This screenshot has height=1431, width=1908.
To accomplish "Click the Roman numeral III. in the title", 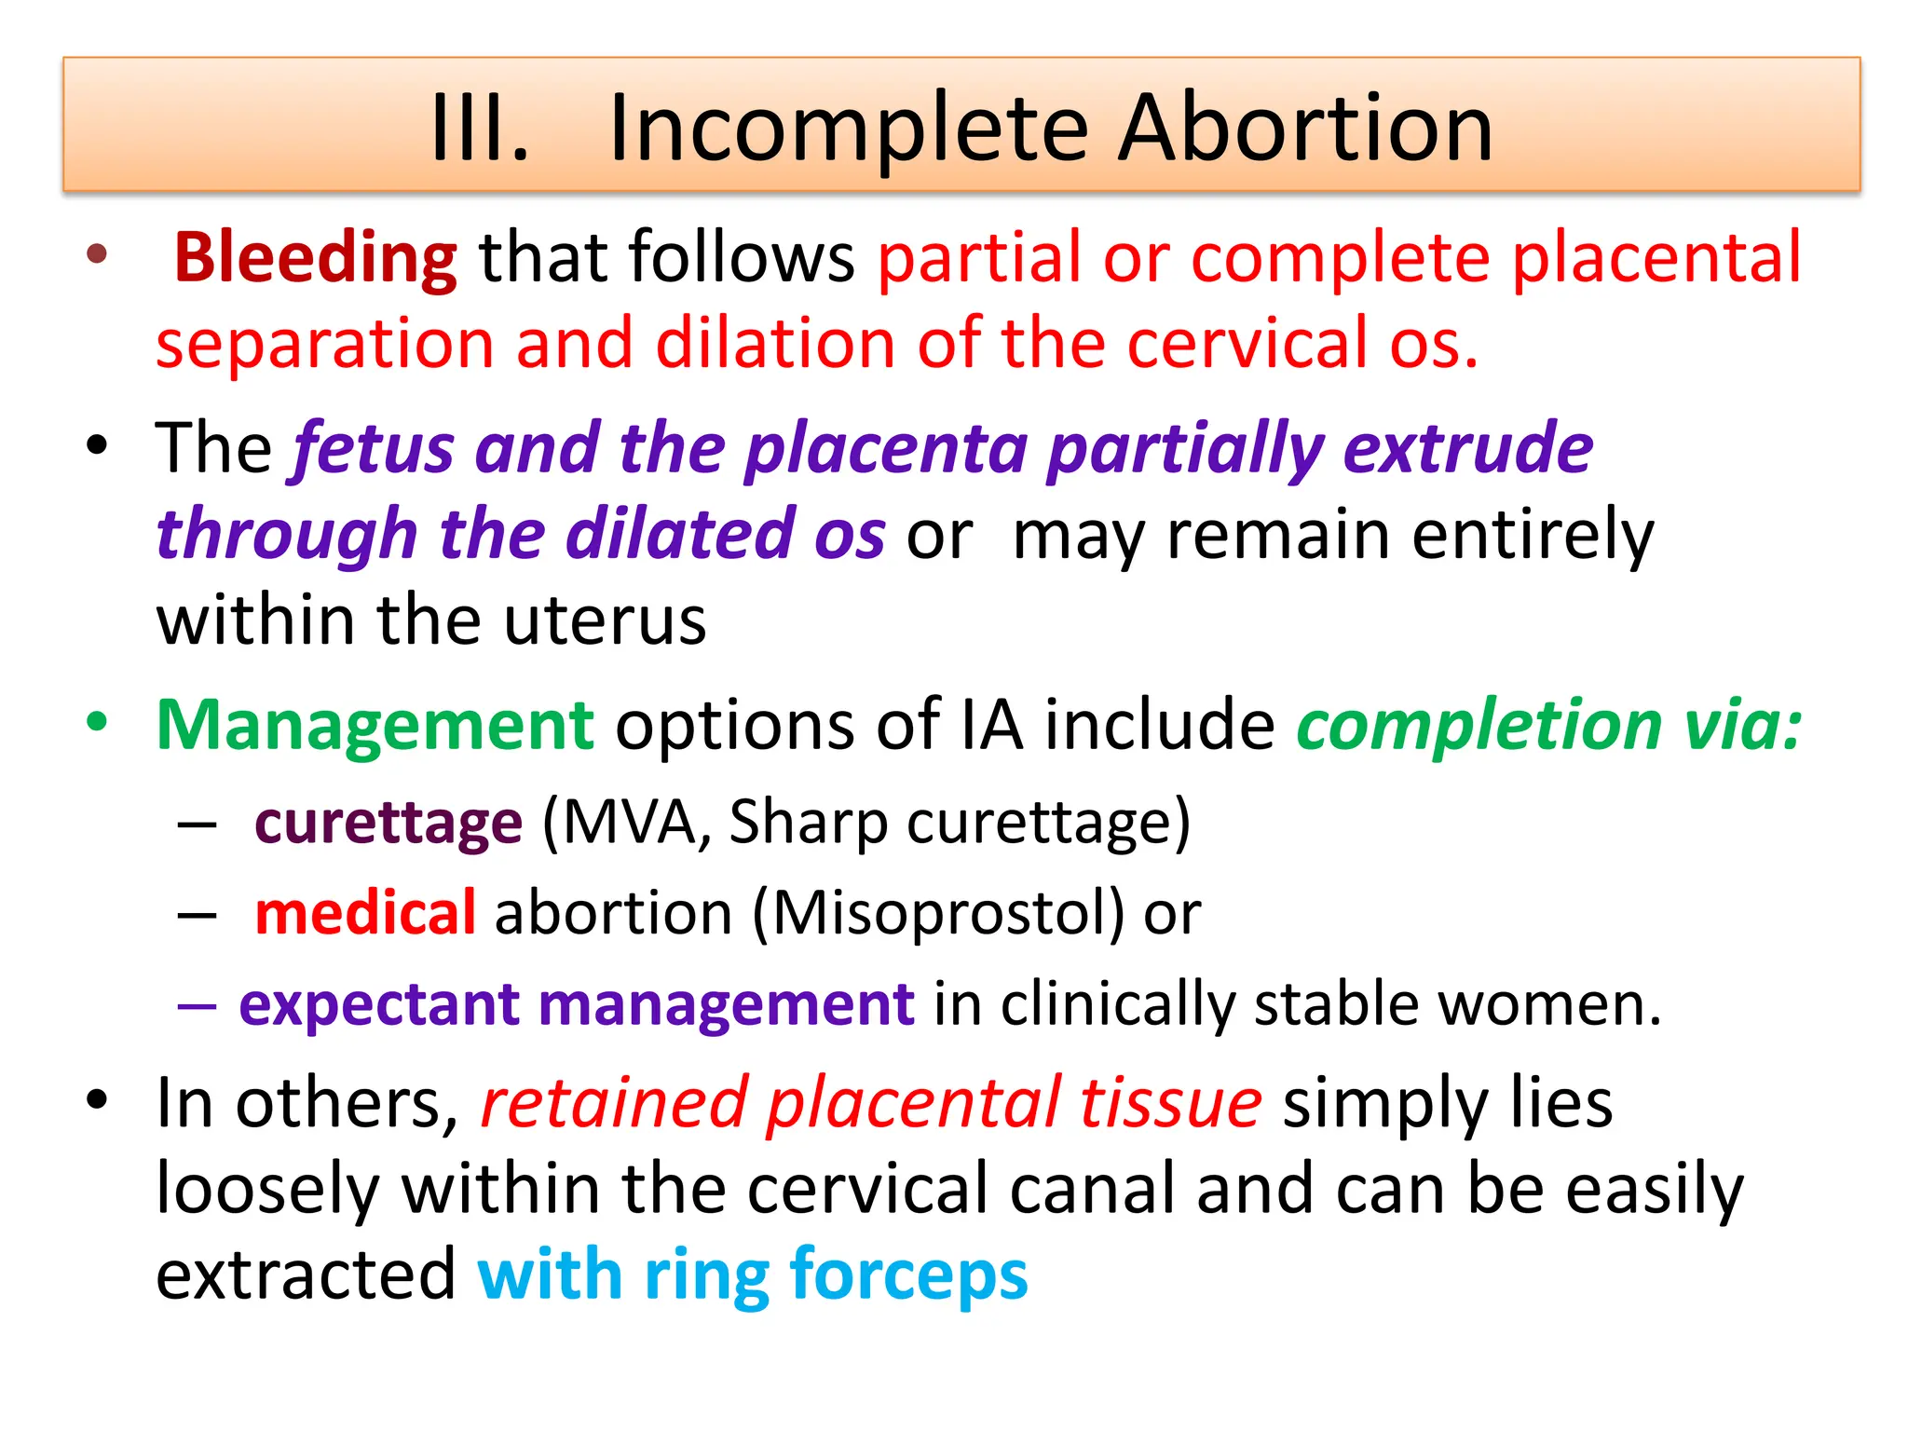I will [479, 129].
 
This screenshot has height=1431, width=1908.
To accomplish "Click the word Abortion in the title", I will [1305, 129].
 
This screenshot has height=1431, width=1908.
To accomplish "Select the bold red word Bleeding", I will [315, 258].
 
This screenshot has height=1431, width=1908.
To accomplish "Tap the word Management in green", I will [375, 726].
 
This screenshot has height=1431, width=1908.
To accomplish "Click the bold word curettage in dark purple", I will [388, 824].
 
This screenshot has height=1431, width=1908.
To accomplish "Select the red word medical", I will [365, 913].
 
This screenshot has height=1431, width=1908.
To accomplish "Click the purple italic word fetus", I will [373, 449].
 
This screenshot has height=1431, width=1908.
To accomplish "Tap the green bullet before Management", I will [97, 722].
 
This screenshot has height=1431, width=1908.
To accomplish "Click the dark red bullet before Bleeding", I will [97, 253].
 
